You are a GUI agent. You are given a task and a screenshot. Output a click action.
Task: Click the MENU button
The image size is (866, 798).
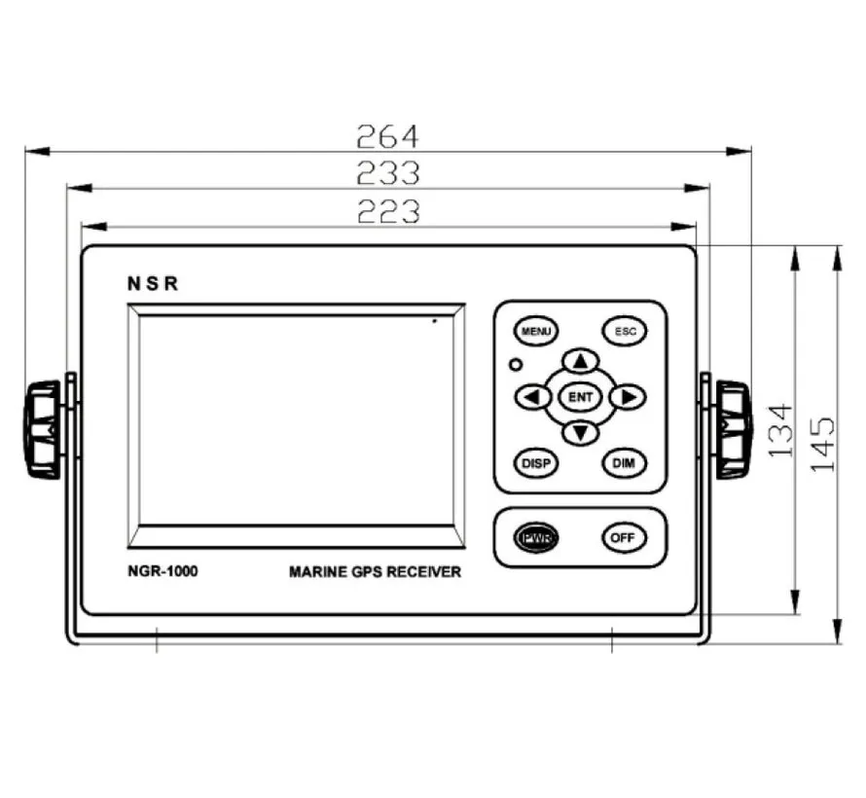tap(535, 332)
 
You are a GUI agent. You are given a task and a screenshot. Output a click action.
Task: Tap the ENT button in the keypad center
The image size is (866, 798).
tap(580, 397)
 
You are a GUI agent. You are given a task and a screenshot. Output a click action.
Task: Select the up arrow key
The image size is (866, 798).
tap(581, 362)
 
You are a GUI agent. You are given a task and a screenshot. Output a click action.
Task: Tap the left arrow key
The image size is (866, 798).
tap(531, 397)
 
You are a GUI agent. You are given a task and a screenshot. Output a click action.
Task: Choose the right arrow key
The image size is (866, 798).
tap(630, 397)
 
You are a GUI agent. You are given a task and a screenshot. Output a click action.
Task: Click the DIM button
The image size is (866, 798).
tap(624, 463)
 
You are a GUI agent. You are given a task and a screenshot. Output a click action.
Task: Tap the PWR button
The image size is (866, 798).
tap(536, 537)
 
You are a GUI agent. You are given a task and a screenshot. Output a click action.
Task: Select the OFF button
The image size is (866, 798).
tap(624, 537)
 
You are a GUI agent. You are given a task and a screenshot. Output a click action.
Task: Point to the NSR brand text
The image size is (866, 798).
tap(153, 284)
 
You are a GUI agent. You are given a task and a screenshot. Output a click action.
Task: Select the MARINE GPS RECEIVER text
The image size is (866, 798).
tap(375, 572)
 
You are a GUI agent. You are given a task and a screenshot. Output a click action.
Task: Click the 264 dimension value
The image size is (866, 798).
tap(386, 135)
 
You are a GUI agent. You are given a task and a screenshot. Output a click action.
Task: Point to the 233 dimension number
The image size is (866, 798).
tap(387, 172)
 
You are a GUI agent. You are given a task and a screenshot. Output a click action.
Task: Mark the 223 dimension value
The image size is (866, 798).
tap(387, 210)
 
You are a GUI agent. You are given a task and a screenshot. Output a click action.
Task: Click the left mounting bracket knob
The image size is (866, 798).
tap(43, 429)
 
